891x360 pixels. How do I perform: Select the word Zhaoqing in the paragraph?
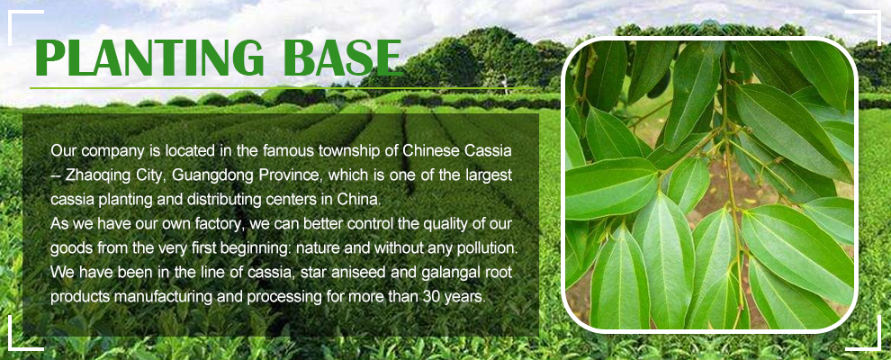92,175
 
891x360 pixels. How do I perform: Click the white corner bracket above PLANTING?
17,16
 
